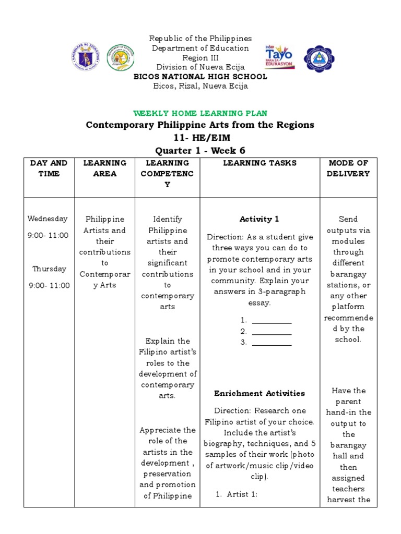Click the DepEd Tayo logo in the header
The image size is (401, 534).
click(280, 56)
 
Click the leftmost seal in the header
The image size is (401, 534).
click(85, 57)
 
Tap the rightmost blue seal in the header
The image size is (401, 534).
click(319, 58)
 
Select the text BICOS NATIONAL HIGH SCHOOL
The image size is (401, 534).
click(200, 77)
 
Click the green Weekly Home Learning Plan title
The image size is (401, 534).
click(200, 113)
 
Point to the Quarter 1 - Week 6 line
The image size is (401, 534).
click(200, 151)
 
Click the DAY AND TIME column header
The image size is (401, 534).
click(49, 168)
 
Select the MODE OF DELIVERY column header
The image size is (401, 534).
click(348, 168)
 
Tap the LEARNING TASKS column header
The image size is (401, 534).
click(260, 163)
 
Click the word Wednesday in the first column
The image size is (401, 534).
click(48, 219)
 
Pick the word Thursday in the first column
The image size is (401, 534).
click(49, 269)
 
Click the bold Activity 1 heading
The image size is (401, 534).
click(260, 219)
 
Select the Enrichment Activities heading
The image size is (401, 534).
click(260, 393)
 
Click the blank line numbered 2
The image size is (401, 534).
click(272, 332)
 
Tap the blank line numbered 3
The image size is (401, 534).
click(272, 343)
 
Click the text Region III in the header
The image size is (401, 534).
click(200, 58)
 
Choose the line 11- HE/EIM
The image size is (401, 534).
click(200, 138)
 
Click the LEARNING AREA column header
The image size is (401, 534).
click(104, 168)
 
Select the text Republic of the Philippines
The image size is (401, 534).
click(200, 39)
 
